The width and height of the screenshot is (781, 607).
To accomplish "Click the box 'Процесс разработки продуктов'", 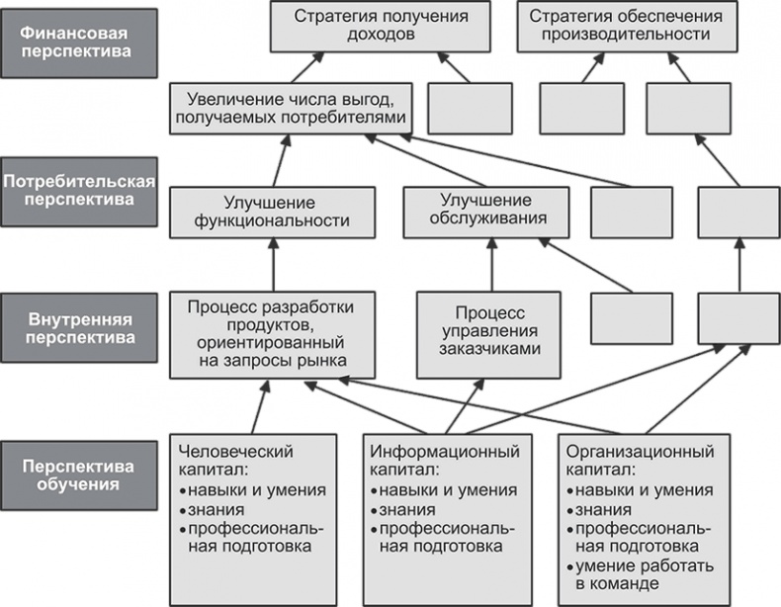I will pos(272,334).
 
